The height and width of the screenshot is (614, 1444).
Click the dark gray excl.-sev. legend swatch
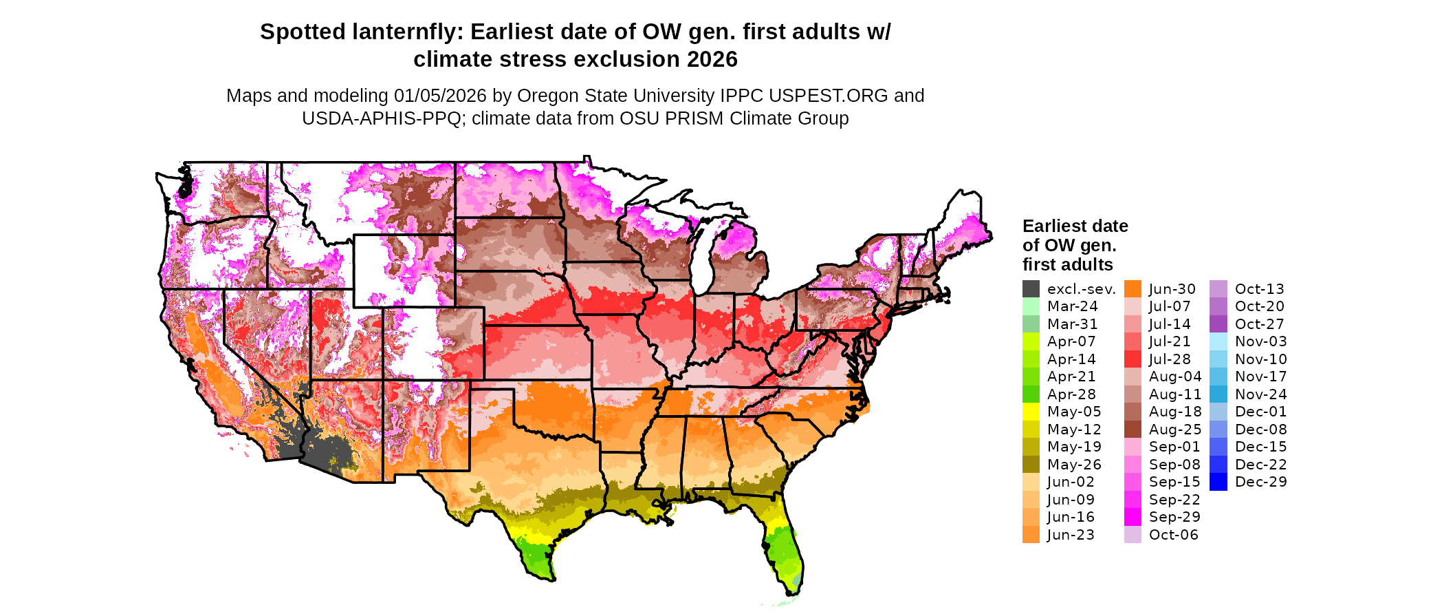click(1031, 289)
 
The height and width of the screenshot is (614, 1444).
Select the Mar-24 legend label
click(1072, 306)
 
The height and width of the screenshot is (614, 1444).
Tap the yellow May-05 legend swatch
click(1031, 412)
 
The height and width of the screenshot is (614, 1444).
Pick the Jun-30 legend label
click(1172, 289)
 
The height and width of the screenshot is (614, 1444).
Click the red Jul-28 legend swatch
click(1133, 359)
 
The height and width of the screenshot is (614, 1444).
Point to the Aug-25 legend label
click(1175, 430)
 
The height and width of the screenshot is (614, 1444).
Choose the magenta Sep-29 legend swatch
click(1133, 517)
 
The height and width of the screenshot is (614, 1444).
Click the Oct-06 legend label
click(1174, 535)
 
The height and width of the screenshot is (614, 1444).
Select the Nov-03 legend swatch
click(1218, 341)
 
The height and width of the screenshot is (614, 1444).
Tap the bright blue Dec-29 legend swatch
click(1218, 482)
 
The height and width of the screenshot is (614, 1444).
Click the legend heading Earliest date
click(1075, 226)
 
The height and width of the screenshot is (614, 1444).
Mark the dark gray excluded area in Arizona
click(323, 447)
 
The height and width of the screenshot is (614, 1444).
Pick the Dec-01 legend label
click(1260, 412)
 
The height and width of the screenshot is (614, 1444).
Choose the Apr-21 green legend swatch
click(1031, 377)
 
